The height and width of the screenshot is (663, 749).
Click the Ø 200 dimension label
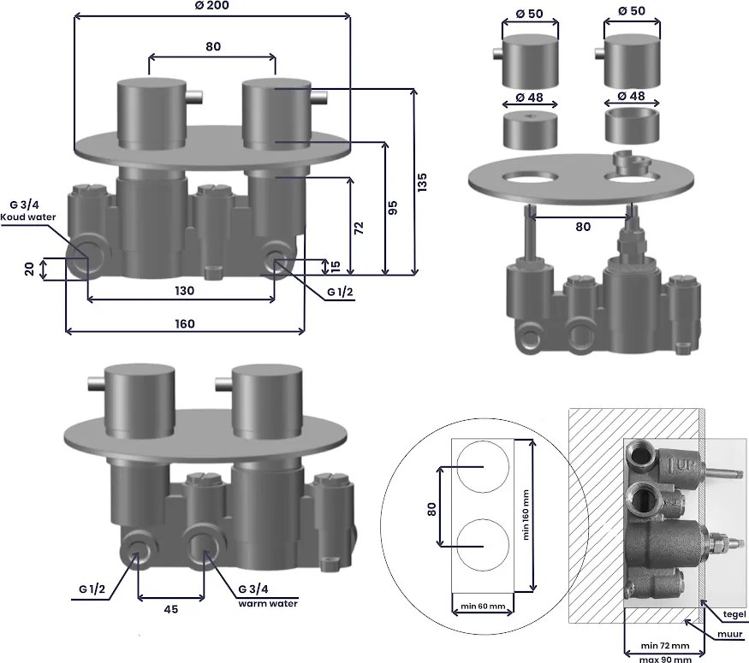coord(212,5)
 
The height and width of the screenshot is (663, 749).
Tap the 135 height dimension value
coord(422,183)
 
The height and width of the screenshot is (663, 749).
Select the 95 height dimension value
coord(392,208)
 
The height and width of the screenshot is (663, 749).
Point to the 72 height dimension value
coord(360,228)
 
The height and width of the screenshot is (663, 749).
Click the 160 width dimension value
coord(184,324)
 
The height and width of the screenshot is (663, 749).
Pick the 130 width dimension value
coord(184,291)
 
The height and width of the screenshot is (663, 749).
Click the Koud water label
coord(28,217)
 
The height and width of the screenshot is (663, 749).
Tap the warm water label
coord(268,603)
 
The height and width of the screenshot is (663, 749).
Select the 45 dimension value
coord(171,610)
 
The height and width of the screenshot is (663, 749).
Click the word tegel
coord(734,614)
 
